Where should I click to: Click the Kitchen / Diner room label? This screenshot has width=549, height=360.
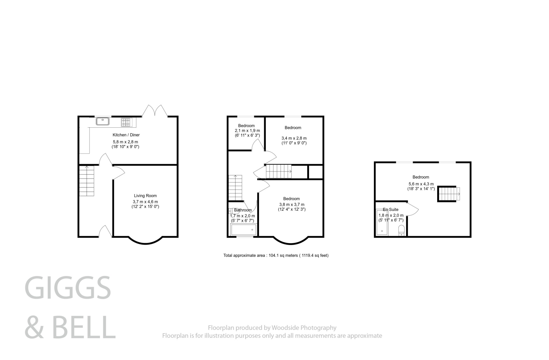pyautogui.click(x=126, y=135)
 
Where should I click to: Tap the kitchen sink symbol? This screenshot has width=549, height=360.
pyautogui.click(x=102, y=122)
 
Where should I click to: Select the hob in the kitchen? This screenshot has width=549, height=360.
pyautogui.click(x=126, y=122)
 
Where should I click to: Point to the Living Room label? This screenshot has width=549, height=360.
pyautogui.click(x=145, y=196)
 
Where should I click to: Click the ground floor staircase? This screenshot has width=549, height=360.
pyautogui.click(x=87, y=181)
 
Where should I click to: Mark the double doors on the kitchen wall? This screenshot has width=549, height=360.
pyautogui.click(x=155, y=111)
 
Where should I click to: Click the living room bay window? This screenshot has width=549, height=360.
pyautogui.click(x=145, y=242)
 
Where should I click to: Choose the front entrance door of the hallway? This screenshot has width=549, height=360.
pyautogui.click(x=105, y=232)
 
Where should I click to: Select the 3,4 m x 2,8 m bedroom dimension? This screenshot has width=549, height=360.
pyautogui.click(x=294, y=138)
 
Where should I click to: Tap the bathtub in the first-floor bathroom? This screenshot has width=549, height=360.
pyautogui.click(x=243, y=230)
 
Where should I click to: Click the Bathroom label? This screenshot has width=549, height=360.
pyautogui.click(x=243, y=210)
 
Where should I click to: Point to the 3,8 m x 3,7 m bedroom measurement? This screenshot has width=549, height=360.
pyautogui.click(x=291, y=205)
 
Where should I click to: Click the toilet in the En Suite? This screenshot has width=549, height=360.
pyautogui.click(x=401, y=230)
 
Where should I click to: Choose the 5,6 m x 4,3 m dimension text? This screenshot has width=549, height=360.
pyautogui.click(x=421, y=184)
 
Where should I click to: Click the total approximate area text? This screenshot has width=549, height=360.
pyautogui.click(x=276, y=255)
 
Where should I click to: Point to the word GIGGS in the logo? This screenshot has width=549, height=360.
pyautogui.click(x=68, y=287)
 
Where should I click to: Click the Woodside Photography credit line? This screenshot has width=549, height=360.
pyautogui.click(x=272, y=328)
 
